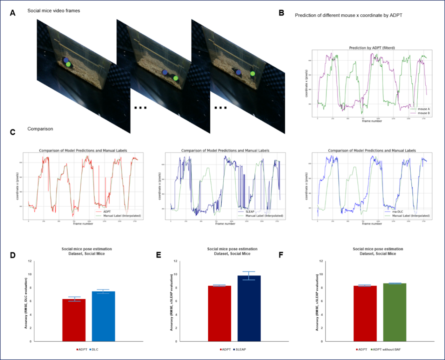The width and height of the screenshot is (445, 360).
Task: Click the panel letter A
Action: coord(13,13)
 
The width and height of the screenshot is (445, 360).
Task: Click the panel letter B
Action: coord(281,13)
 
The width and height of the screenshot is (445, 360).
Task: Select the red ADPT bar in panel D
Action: coord(74,320)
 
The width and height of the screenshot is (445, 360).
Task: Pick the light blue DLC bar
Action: coord(103,316)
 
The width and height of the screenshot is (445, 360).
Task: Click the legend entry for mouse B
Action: coord(423,113)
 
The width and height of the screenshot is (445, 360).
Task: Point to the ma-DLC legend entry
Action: coord(397,212)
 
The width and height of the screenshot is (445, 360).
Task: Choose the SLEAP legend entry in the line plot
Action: coord(250,212)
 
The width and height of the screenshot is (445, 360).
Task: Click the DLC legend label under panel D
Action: coord(95,349)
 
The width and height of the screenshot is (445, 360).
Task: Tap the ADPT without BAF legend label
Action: coord(386,349)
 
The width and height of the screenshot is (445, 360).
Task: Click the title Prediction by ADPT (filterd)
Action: coord(372,48)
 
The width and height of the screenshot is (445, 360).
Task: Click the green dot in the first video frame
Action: coord(68,64)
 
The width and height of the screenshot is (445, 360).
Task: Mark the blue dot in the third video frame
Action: coord(238,72)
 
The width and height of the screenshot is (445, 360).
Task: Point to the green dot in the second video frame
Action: coord(176,78)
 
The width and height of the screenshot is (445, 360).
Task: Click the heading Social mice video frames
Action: coord(54,11)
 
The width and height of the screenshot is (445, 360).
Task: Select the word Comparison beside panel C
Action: coord(40,129)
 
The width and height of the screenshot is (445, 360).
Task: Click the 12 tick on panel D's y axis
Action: coord(30,261)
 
